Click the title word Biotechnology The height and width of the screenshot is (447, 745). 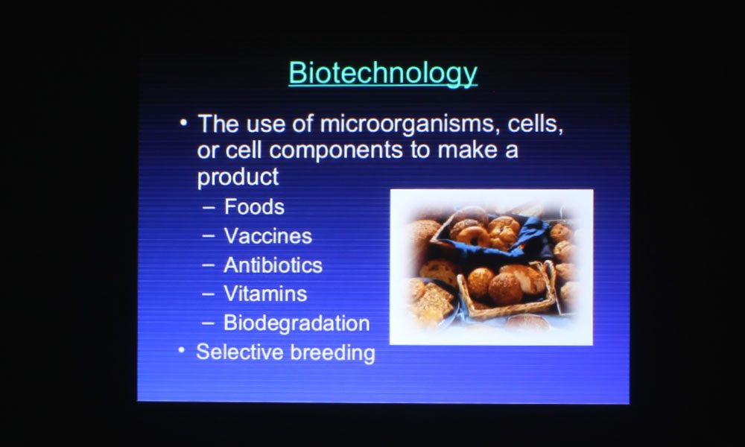(383, 73)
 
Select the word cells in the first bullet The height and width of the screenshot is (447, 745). (536, 124)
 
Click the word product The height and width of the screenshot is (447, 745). (238, 177)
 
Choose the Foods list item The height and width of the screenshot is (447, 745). (254, 206)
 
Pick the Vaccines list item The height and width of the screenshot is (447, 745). (268, 236)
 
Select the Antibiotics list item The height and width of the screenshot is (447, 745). (273, 265)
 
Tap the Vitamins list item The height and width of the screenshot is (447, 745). (265, 294)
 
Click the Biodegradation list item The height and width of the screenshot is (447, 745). (297, 323)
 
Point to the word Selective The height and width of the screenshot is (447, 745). (239, 352)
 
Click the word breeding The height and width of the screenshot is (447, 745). (332, 352)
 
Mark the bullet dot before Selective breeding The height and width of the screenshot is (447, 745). (181, 351)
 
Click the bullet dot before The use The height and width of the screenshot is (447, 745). (183, 123)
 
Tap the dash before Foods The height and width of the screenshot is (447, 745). (209, 208)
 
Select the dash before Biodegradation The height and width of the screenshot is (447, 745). (208, 323)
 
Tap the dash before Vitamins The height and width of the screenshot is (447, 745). (208, 294)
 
